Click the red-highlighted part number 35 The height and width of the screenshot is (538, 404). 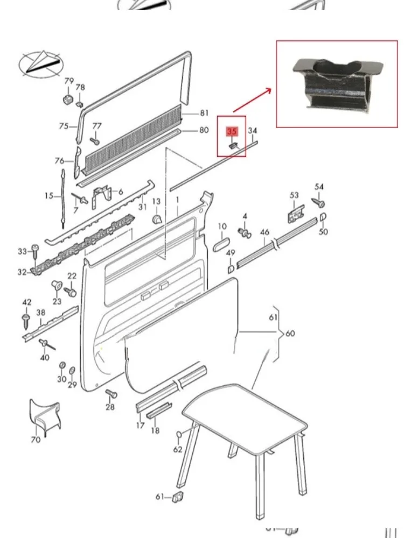(232, 131)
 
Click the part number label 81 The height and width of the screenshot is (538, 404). (204, 113)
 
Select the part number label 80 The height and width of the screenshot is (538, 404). (204, 130)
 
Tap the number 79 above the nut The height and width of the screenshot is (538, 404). (69, 81)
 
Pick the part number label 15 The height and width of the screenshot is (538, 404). (49, 196)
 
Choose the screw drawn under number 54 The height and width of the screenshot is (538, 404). (318, 203)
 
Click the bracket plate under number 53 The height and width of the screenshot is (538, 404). (294, 214)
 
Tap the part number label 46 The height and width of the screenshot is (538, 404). (264, 232)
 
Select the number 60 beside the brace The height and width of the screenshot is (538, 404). (290, 334)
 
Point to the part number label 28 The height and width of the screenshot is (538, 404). (110, 407)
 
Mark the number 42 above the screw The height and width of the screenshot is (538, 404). (26, 302)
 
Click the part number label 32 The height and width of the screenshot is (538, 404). (22, 272)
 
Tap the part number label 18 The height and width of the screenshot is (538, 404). (155, 430)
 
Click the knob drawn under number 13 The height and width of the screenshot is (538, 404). (158, 219)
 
